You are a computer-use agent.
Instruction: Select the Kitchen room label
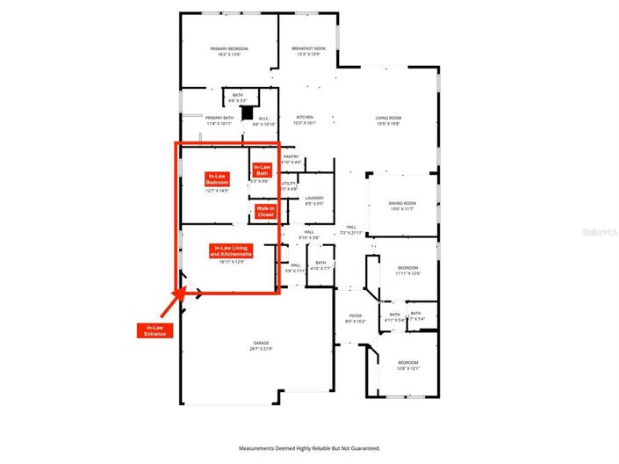pyautogui.click(x=305, y=117)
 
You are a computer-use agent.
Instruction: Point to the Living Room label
pyautogui.click(x=388, y=117)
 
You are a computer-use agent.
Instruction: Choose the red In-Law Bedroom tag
pyautogui.click(x=216, y=178)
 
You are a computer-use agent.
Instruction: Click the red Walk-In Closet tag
pyautogui.click(x=265, y=212)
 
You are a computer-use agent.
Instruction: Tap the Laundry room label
pyautogui.click(x=315, y=199)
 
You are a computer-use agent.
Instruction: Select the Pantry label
pyautogui.click(x=292, y=156)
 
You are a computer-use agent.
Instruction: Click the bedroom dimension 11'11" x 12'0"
pyautogui.click(x=408, y=273)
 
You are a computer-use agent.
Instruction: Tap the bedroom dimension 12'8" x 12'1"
pyautogui.click(x=408, y=368)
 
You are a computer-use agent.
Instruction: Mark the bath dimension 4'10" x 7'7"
pyautogui.click(x=320, y=268)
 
